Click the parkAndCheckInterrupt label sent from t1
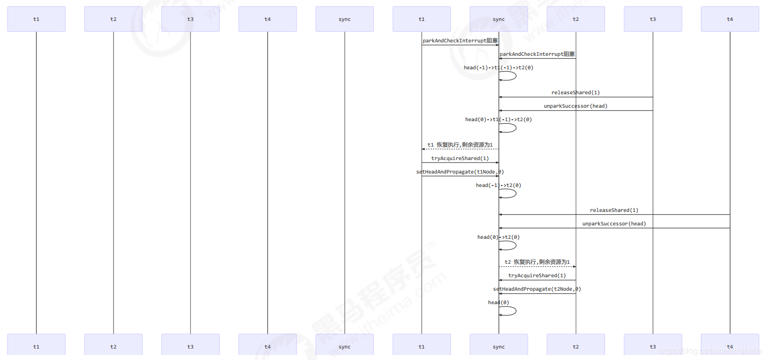[460, 41]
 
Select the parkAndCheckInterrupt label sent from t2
[537, 54]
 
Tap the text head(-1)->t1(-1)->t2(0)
[498, 68]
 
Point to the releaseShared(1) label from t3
[576, 93]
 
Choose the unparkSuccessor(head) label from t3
[576, 106]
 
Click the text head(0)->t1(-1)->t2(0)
[498, 120]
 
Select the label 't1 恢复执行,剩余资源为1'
[460, 145]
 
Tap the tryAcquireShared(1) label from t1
[460, 159]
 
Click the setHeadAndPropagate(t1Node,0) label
[460, 172]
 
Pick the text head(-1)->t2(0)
[498, 185]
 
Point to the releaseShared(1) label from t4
[614, 210]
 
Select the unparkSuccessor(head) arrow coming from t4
[614, 228]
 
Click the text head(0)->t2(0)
[498, 237]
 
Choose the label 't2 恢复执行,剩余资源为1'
[537, 262]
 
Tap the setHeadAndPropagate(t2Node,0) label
[537, 289]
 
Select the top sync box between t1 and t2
[498, 19]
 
